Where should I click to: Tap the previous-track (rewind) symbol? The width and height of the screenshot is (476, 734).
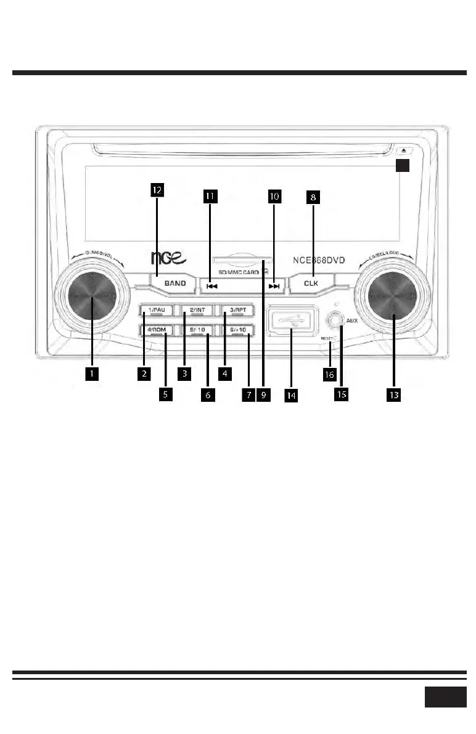tap(211, 286)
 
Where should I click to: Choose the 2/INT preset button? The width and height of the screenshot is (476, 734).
tap(197, 310)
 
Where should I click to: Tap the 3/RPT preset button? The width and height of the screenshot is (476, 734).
tap(237, 310)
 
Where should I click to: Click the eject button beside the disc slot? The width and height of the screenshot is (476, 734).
tap(402, 150)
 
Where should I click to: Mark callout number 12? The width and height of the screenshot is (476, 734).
tap(157, 191)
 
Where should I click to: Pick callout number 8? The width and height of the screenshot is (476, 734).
tap(314, 197)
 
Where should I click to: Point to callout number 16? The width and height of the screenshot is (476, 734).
tap(330, 374)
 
